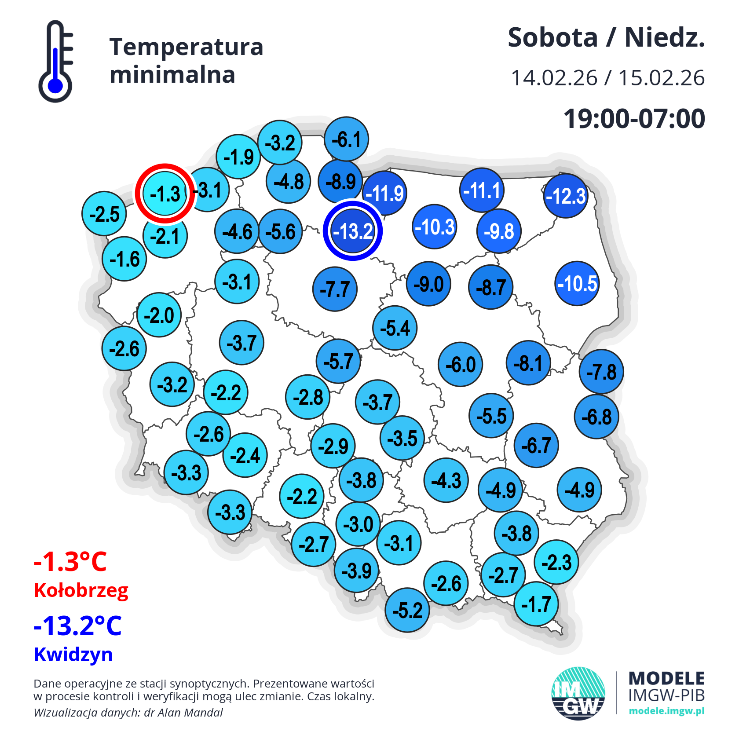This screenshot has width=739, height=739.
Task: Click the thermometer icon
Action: [56, 62]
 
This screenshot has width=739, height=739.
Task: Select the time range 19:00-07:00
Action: [634, 119]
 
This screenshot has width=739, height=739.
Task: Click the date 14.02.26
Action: [554, 78]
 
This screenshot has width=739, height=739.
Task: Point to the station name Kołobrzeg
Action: [81, 590]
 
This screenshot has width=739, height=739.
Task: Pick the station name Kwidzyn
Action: [73, 654]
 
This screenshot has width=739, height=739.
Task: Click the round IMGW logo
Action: [578, 693]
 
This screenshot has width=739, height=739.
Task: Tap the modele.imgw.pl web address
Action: [666, 711]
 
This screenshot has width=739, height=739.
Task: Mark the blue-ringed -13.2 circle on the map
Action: [353, 231]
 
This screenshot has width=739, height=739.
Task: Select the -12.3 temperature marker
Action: [566, 196]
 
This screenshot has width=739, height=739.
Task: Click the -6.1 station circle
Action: [347, 139]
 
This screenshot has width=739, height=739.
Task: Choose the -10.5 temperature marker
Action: [577, 284]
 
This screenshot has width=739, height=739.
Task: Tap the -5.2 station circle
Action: [407, 610]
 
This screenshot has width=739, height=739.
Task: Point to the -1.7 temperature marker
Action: [536, 604]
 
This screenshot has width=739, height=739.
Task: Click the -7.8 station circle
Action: [601, 372]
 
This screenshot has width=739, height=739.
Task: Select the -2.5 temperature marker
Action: [104, 214]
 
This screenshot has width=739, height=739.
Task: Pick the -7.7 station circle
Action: [335, 289]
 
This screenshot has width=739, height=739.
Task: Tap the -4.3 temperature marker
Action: [446, 480]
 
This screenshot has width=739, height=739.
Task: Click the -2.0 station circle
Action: [159, 315]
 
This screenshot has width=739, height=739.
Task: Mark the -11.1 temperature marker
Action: [482, 190]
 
